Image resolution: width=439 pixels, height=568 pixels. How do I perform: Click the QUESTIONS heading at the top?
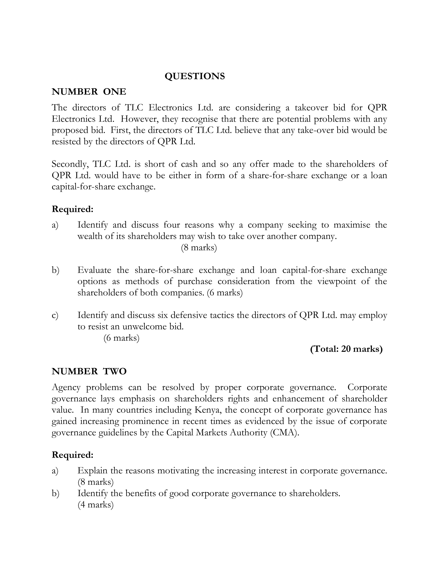(195, 76)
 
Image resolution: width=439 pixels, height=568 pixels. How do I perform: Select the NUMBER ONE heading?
(89, 92)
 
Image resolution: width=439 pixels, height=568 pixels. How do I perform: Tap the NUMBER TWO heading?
(89, 371)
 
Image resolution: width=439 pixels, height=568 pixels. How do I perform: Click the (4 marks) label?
(95, 505)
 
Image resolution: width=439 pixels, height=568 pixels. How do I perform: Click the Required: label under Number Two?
(72, 455)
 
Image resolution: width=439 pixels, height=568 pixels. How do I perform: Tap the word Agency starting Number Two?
(66, 387)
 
